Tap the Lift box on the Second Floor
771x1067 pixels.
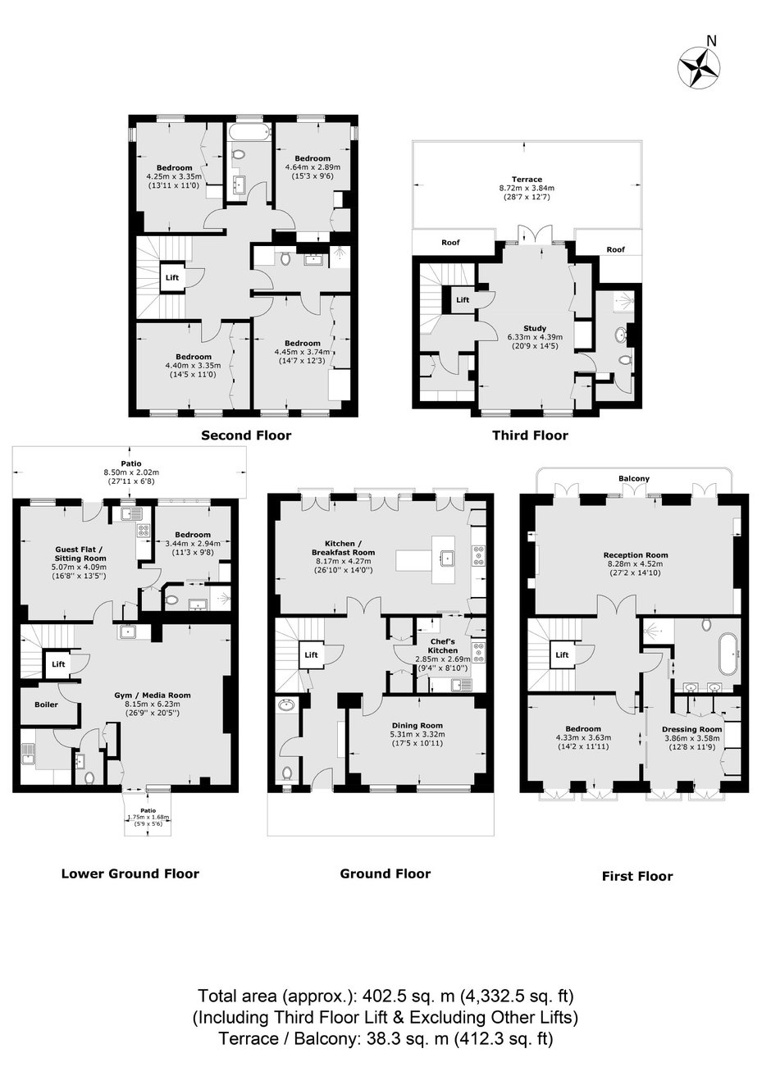pyautogui.click(x=172, y=277)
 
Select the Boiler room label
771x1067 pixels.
pyautogui.click(x=46, y=704)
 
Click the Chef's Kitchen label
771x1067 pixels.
pyautogui.click(x=443, y=646)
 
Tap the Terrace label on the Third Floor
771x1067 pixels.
pyautogui.click(x=527, y=180)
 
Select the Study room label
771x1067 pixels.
pyautogui.click(x=535, y=328)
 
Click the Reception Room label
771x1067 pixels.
pyautogui.click(x=636, y=555)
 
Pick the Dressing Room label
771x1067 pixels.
pyautogui.click(x=692, y=729)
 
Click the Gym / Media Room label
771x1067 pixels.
pyautogui.click(x=153, y=695)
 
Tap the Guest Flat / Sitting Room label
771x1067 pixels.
pyautogui.click(x=80, y=554)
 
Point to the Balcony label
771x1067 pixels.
pyautogui.click(x=634, y=478)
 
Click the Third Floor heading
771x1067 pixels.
pyautogui.click(x=531, y=435)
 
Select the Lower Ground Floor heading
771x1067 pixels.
pyautogui.click(x=130, y=873)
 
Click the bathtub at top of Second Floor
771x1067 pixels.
pyautogui.click(x=248, y=131)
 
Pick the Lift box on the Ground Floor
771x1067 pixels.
pyautogui.click(x=311, y=655)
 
